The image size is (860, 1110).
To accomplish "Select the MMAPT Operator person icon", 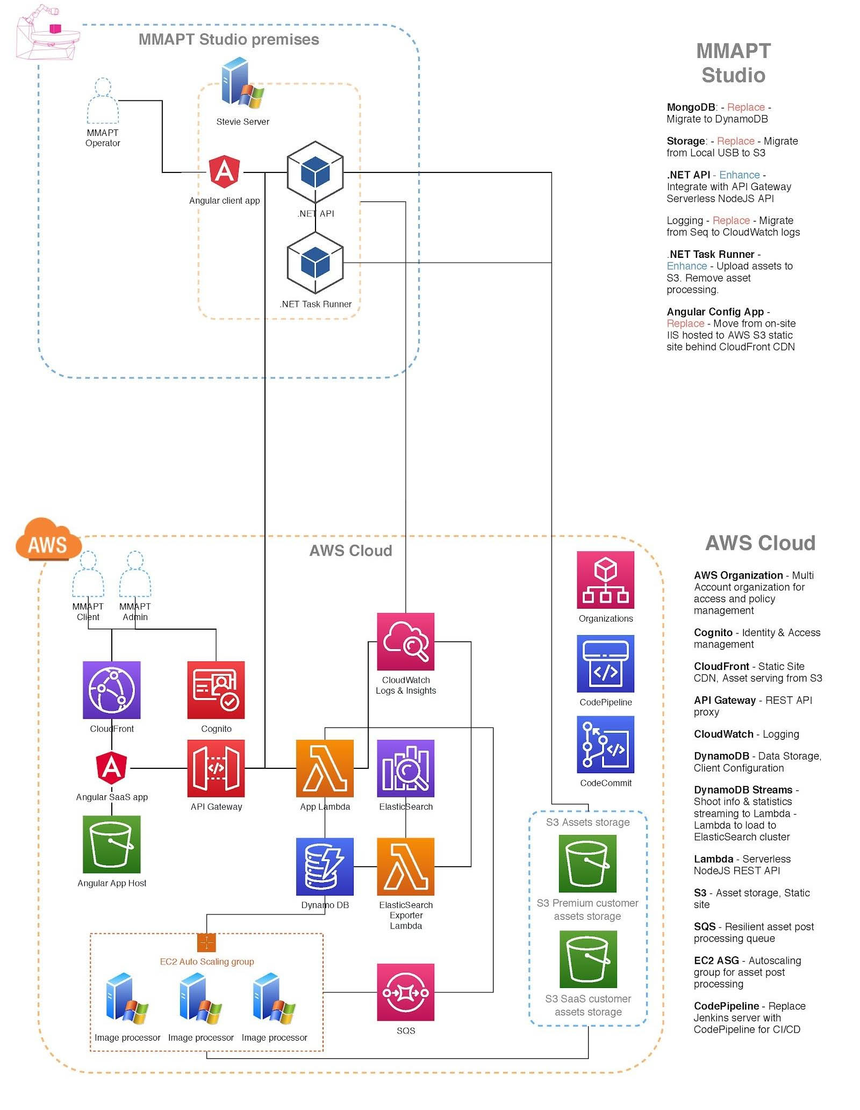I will point(103,102).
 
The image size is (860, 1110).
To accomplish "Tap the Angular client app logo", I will point(225,171).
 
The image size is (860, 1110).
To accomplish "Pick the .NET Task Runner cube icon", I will point(315,263).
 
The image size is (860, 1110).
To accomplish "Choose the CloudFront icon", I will point(111,689).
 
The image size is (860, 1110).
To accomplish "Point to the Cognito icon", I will point(216,689).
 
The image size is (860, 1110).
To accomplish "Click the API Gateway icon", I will point(216,768).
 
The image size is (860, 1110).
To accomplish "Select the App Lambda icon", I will point(325,768).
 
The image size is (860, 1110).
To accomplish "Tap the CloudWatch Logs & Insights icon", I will point(405,641).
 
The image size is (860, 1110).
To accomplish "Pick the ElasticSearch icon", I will point(405,768).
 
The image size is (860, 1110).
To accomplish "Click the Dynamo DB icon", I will point(325,866).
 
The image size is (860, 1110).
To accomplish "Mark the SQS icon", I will point(405,992).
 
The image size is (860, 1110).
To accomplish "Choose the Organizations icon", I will point(605,579).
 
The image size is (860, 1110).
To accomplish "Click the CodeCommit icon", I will point(605,744).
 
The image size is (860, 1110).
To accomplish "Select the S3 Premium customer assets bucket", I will point(587,863).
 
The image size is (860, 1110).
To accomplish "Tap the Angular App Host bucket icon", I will point(111,844).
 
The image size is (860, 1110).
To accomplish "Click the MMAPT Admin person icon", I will point(135,574).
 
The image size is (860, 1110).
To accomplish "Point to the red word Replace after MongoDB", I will point(746,107).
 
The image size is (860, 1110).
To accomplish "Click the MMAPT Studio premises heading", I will point(228,39).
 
